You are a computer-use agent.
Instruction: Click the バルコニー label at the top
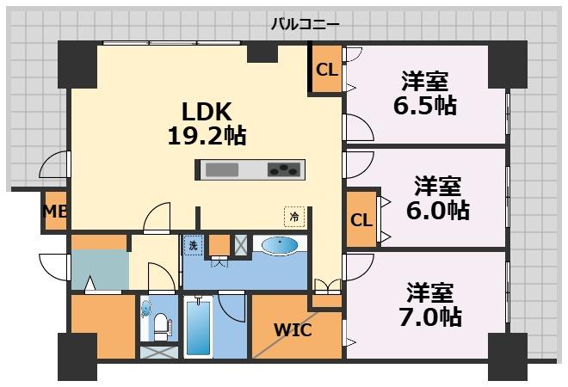coord(305,24)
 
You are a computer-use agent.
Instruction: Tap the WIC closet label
coord(293,329)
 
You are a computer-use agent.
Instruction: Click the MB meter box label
coord(55,212)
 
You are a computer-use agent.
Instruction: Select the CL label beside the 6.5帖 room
coord(326,71)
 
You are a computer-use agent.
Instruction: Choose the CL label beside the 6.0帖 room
coord(361,219)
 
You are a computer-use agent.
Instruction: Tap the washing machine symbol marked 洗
coord(194,245)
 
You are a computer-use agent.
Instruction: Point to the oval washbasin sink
coord(281,247)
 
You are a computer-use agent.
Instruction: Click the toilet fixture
coord(160,324)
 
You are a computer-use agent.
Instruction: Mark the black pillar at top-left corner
coord(77,63)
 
